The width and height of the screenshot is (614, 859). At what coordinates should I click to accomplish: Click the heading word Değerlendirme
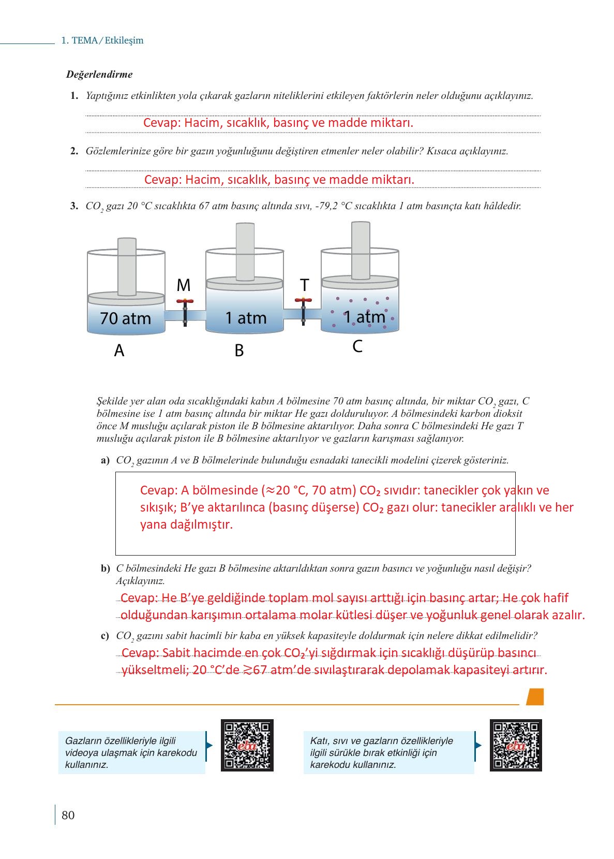[99, 75]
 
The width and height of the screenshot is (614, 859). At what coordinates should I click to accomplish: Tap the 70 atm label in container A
[125, 318]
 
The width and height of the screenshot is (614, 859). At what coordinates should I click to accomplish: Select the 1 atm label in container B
[246, 318]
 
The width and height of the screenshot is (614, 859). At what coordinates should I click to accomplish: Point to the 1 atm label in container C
[365, 317]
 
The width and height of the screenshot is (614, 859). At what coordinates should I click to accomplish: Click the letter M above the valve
[184, 285]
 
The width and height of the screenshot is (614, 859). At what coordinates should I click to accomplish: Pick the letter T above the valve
[305, 285]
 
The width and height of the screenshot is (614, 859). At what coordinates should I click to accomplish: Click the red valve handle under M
[185, 301]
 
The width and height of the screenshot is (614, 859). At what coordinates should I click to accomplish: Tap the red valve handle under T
[304, 300]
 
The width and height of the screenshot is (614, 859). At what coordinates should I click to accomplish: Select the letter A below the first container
[119, 351]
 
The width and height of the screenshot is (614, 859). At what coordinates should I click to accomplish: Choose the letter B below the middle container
[239, 351]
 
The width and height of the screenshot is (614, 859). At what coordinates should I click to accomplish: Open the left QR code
[247, 745]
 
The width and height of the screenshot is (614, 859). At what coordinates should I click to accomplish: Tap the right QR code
[516, 745]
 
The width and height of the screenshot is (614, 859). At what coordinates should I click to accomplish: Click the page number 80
[68, 816]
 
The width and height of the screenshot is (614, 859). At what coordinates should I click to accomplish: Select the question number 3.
[74, 206]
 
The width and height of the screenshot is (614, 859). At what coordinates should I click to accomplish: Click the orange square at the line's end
[535, 697]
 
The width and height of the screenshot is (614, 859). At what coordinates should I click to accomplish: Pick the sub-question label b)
[106, 569]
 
